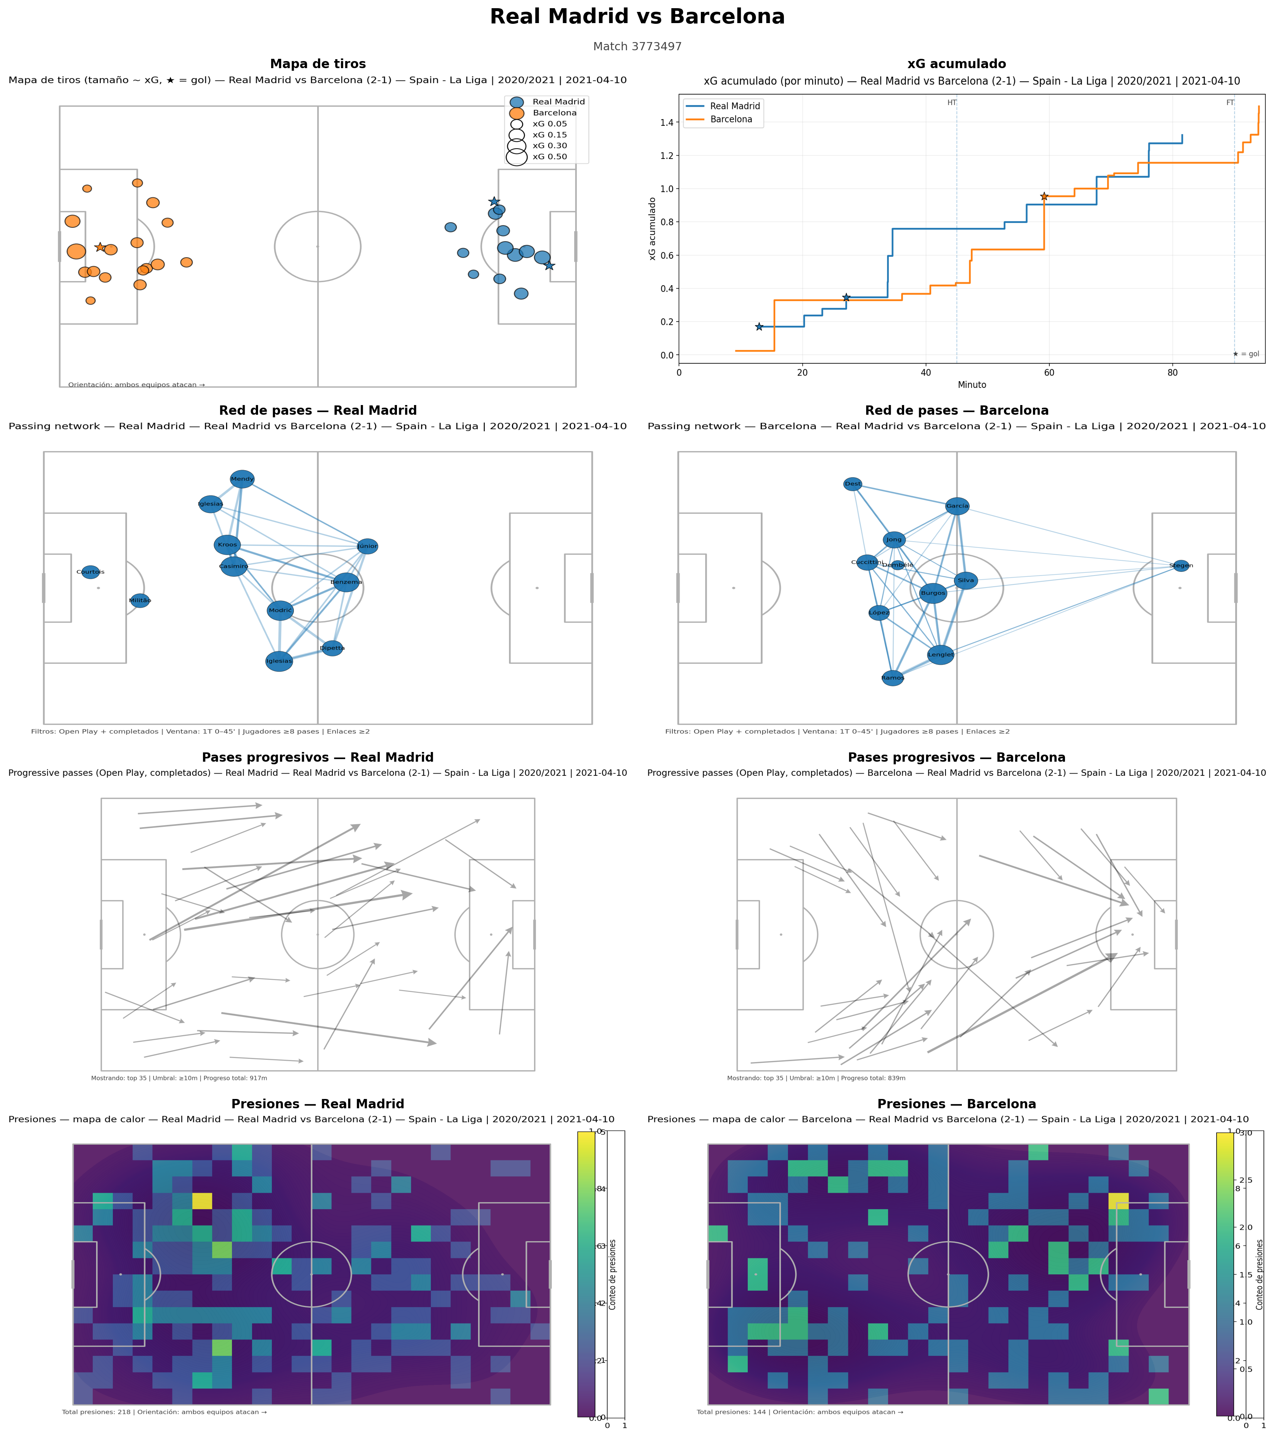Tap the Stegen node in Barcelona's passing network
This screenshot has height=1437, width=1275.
1181,566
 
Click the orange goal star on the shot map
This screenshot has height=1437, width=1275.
100,248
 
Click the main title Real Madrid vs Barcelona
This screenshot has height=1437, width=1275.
637,17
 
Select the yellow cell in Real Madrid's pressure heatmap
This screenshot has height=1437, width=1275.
202,1201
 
